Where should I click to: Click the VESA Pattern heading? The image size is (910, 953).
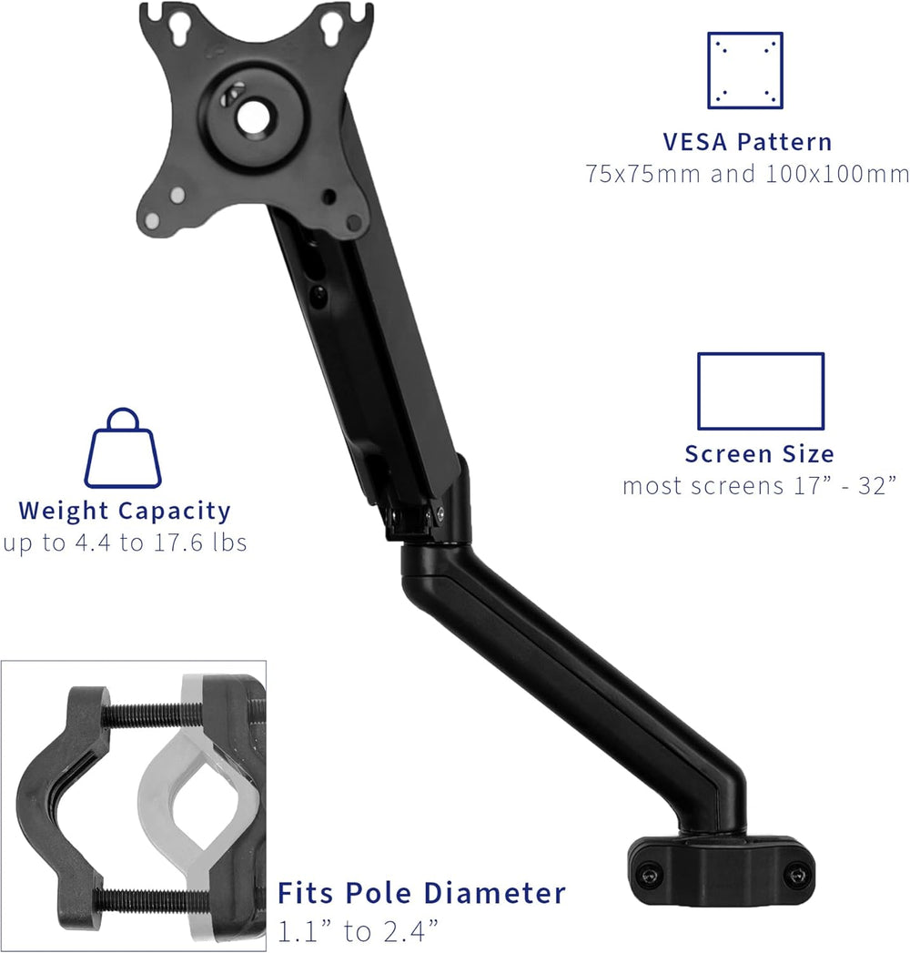746,142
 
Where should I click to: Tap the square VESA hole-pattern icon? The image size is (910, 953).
745,70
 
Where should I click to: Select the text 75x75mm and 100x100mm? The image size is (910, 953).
746,173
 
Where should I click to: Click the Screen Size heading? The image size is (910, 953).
759,453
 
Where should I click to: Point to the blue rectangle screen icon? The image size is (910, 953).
760,391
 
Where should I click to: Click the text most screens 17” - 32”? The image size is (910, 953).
759,485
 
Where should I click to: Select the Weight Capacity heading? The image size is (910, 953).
125,511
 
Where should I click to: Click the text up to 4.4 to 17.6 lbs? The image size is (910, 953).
125,542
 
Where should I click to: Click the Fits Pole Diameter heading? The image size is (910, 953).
421,893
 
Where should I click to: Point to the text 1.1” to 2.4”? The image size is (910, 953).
358,929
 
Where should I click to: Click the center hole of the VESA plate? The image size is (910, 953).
249,116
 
